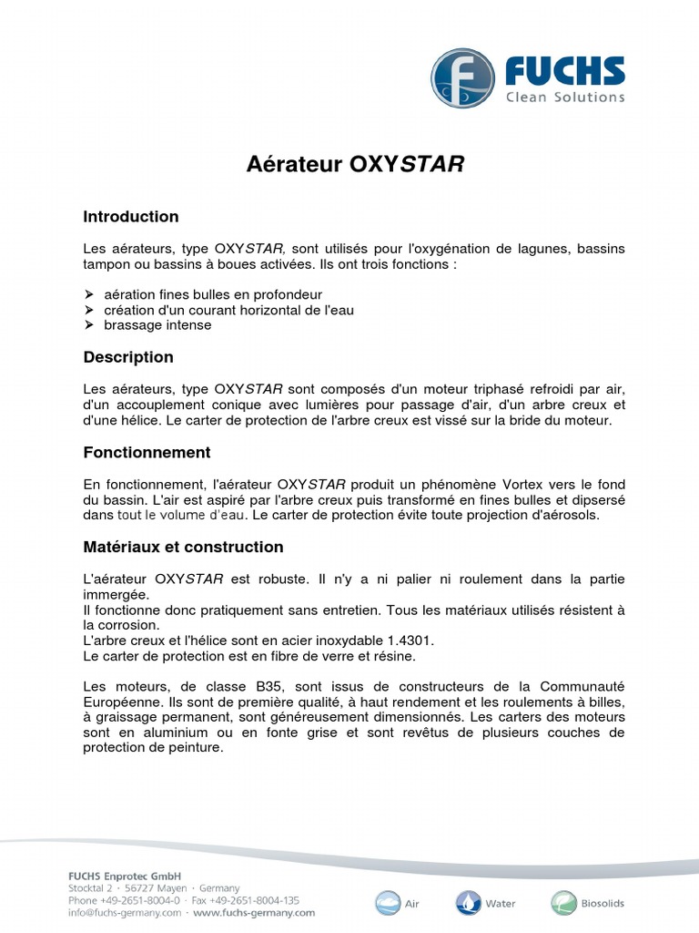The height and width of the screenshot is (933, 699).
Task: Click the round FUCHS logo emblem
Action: (x=462, y=79)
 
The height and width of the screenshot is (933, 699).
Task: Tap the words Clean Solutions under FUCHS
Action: (x=565, y=97)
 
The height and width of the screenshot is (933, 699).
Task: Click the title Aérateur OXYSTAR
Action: (x=356, y=165)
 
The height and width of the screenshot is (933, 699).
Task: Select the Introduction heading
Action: (x=131, y=217)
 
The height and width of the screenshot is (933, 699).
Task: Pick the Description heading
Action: (x=128, y=357)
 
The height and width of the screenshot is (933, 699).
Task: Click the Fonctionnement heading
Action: (x=147, y=452)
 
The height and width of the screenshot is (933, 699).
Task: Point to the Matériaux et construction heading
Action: (x=183, y=548)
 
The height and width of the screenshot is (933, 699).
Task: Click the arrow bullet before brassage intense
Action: (x=89, y=325)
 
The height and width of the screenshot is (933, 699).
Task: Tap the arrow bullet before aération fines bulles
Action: (x=89, y=294)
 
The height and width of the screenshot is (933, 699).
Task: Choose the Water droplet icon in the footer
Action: (x=468, y=903)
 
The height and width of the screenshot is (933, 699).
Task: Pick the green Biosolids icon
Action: (x=562, y=903)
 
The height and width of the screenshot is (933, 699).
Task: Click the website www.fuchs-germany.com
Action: (x=254, y=912)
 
